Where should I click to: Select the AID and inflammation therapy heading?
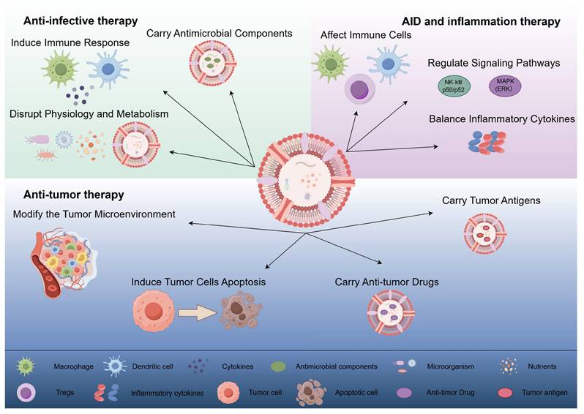click(x=480, y=22)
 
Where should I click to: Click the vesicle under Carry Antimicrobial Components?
click(x=212, y=64)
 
